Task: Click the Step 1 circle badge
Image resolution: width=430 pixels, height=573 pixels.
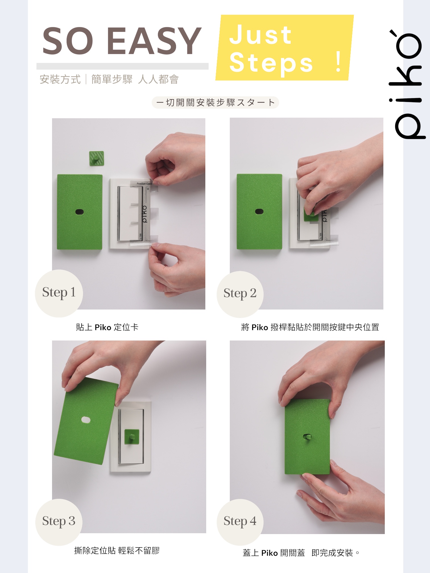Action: [59, 293]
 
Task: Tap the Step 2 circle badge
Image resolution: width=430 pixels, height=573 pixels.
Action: [240, 294]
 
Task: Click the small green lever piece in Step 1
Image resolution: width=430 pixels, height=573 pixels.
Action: [97, 158]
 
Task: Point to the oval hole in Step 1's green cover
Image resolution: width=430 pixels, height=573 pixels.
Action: [79, 212]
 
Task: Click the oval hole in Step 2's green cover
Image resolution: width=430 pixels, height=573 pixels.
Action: [259, 211]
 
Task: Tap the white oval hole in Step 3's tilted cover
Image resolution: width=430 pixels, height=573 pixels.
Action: [86, 420]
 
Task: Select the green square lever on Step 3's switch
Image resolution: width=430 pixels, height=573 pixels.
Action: [132, 437]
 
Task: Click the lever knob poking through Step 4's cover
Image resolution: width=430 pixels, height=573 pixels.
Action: [307, 437]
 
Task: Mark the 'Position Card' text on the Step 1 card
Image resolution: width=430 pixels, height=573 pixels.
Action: [144, 184]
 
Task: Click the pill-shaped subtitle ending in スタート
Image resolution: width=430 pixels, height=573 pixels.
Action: [215, 102]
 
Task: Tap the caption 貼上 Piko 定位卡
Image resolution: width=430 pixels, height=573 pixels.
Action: [107, 327]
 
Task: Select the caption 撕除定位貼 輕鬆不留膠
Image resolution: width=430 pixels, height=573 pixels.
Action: [117, 551]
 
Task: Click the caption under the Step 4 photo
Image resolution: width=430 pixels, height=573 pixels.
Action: [301, 553]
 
